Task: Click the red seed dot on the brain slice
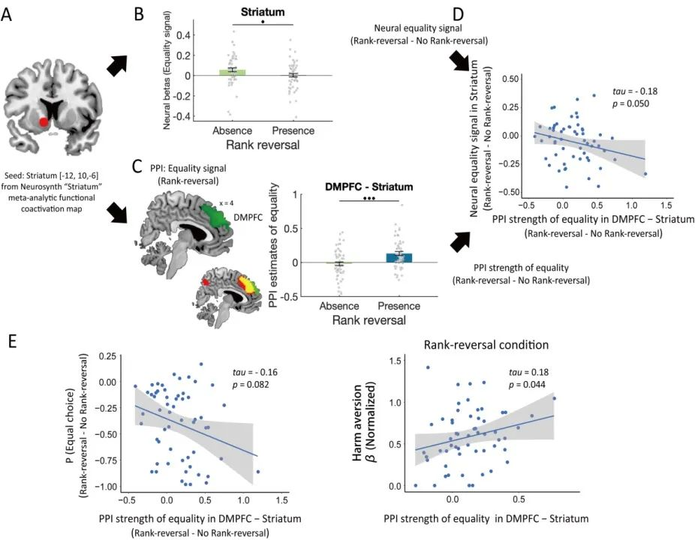pos(45,122)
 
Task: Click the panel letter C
pos(137,166)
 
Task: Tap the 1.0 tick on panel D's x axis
pos(629,205)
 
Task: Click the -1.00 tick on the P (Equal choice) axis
pos(103,486)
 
